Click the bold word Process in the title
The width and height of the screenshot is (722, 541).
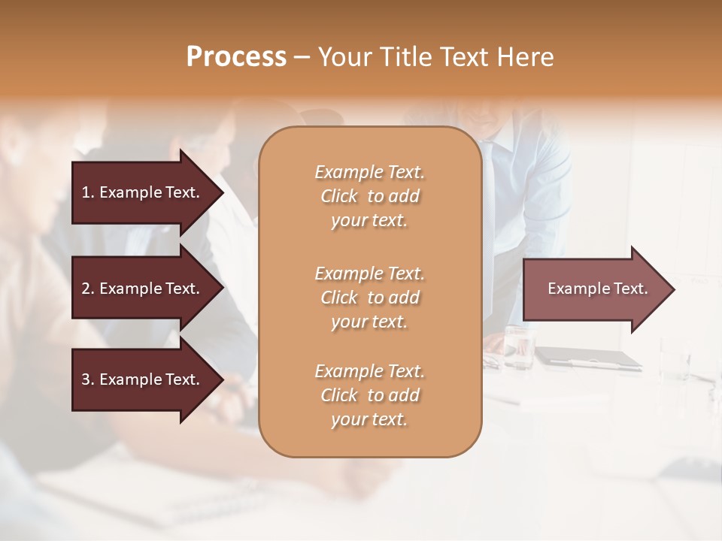pos(236,57)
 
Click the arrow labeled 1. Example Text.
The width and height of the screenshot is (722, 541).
pos(143,192)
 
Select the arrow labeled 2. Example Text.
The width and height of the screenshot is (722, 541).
pos(143,289)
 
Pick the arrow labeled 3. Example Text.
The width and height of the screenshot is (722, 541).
pos(143,379)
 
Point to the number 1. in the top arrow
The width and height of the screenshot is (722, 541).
pos(87,192)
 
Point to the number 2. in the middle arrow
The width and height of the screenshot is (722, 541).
pos(87,289)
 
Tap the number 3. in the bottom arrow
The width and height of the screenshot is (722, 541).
pos(87,379)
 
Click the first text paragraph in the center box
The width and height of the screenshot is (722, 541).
pos(369,196)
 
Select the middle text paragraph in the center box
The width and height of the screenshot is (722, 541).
pos(369,298)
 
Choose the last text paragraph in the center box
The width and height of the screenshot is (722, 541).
pos(369,395)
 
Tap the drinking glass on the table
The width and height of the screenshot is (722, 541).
pos(519,347)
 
